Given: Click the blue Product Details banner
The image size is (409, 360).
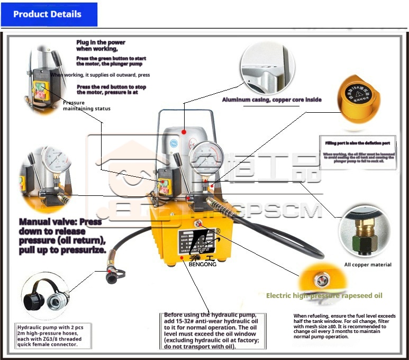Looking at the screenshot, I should coord(49,14).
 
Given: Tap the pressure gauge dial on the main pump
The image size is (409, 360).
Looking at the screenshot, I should coord(205,159).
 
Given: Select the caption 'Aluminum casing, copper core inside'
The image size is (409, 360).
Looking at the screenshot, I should coord(271,100).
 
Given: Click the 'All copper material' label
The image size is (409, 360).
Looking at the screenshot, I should coord(368,265).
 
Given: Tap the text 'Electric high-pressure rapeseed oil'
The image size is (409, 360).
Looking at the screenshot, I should coord(324,295).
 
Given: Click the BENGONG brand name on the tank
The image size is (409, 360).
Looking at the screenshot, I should coord(199,264).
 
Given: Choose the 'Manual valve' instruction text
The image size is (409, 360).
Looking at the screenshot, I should coord(62,236).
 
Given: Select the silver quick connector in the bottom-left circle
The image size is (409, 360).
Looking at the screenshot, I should coord(54,302).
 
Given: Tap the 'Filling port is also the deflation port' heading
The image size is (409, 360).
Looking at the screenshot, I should coord(358,143).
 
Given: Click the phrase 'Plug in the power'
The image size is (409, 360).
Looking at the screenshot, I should coord(101,42).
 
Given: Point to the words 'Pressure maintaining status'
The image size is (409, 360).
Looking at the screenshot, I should coord(86,106).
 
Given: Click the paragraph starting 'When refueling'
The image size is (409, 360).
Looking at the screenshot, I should coord(343,326).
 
